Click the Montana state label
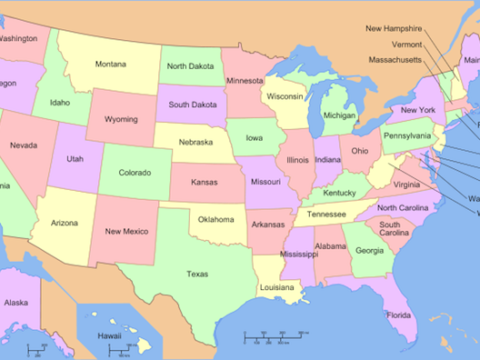111,64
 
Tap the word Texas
196,274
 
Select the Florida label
397,315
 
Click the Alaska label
15,303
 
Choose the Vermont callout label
406,45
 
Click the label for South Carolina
394,228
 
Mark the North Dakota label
190,66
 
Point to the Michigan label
339,115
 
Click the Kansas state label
204,182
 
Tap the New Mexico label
125,231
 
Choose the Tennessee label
325,215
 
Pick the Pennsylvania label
406,135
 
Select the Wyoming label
121,119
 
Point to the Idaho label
60,103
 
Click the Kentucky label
339,193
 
